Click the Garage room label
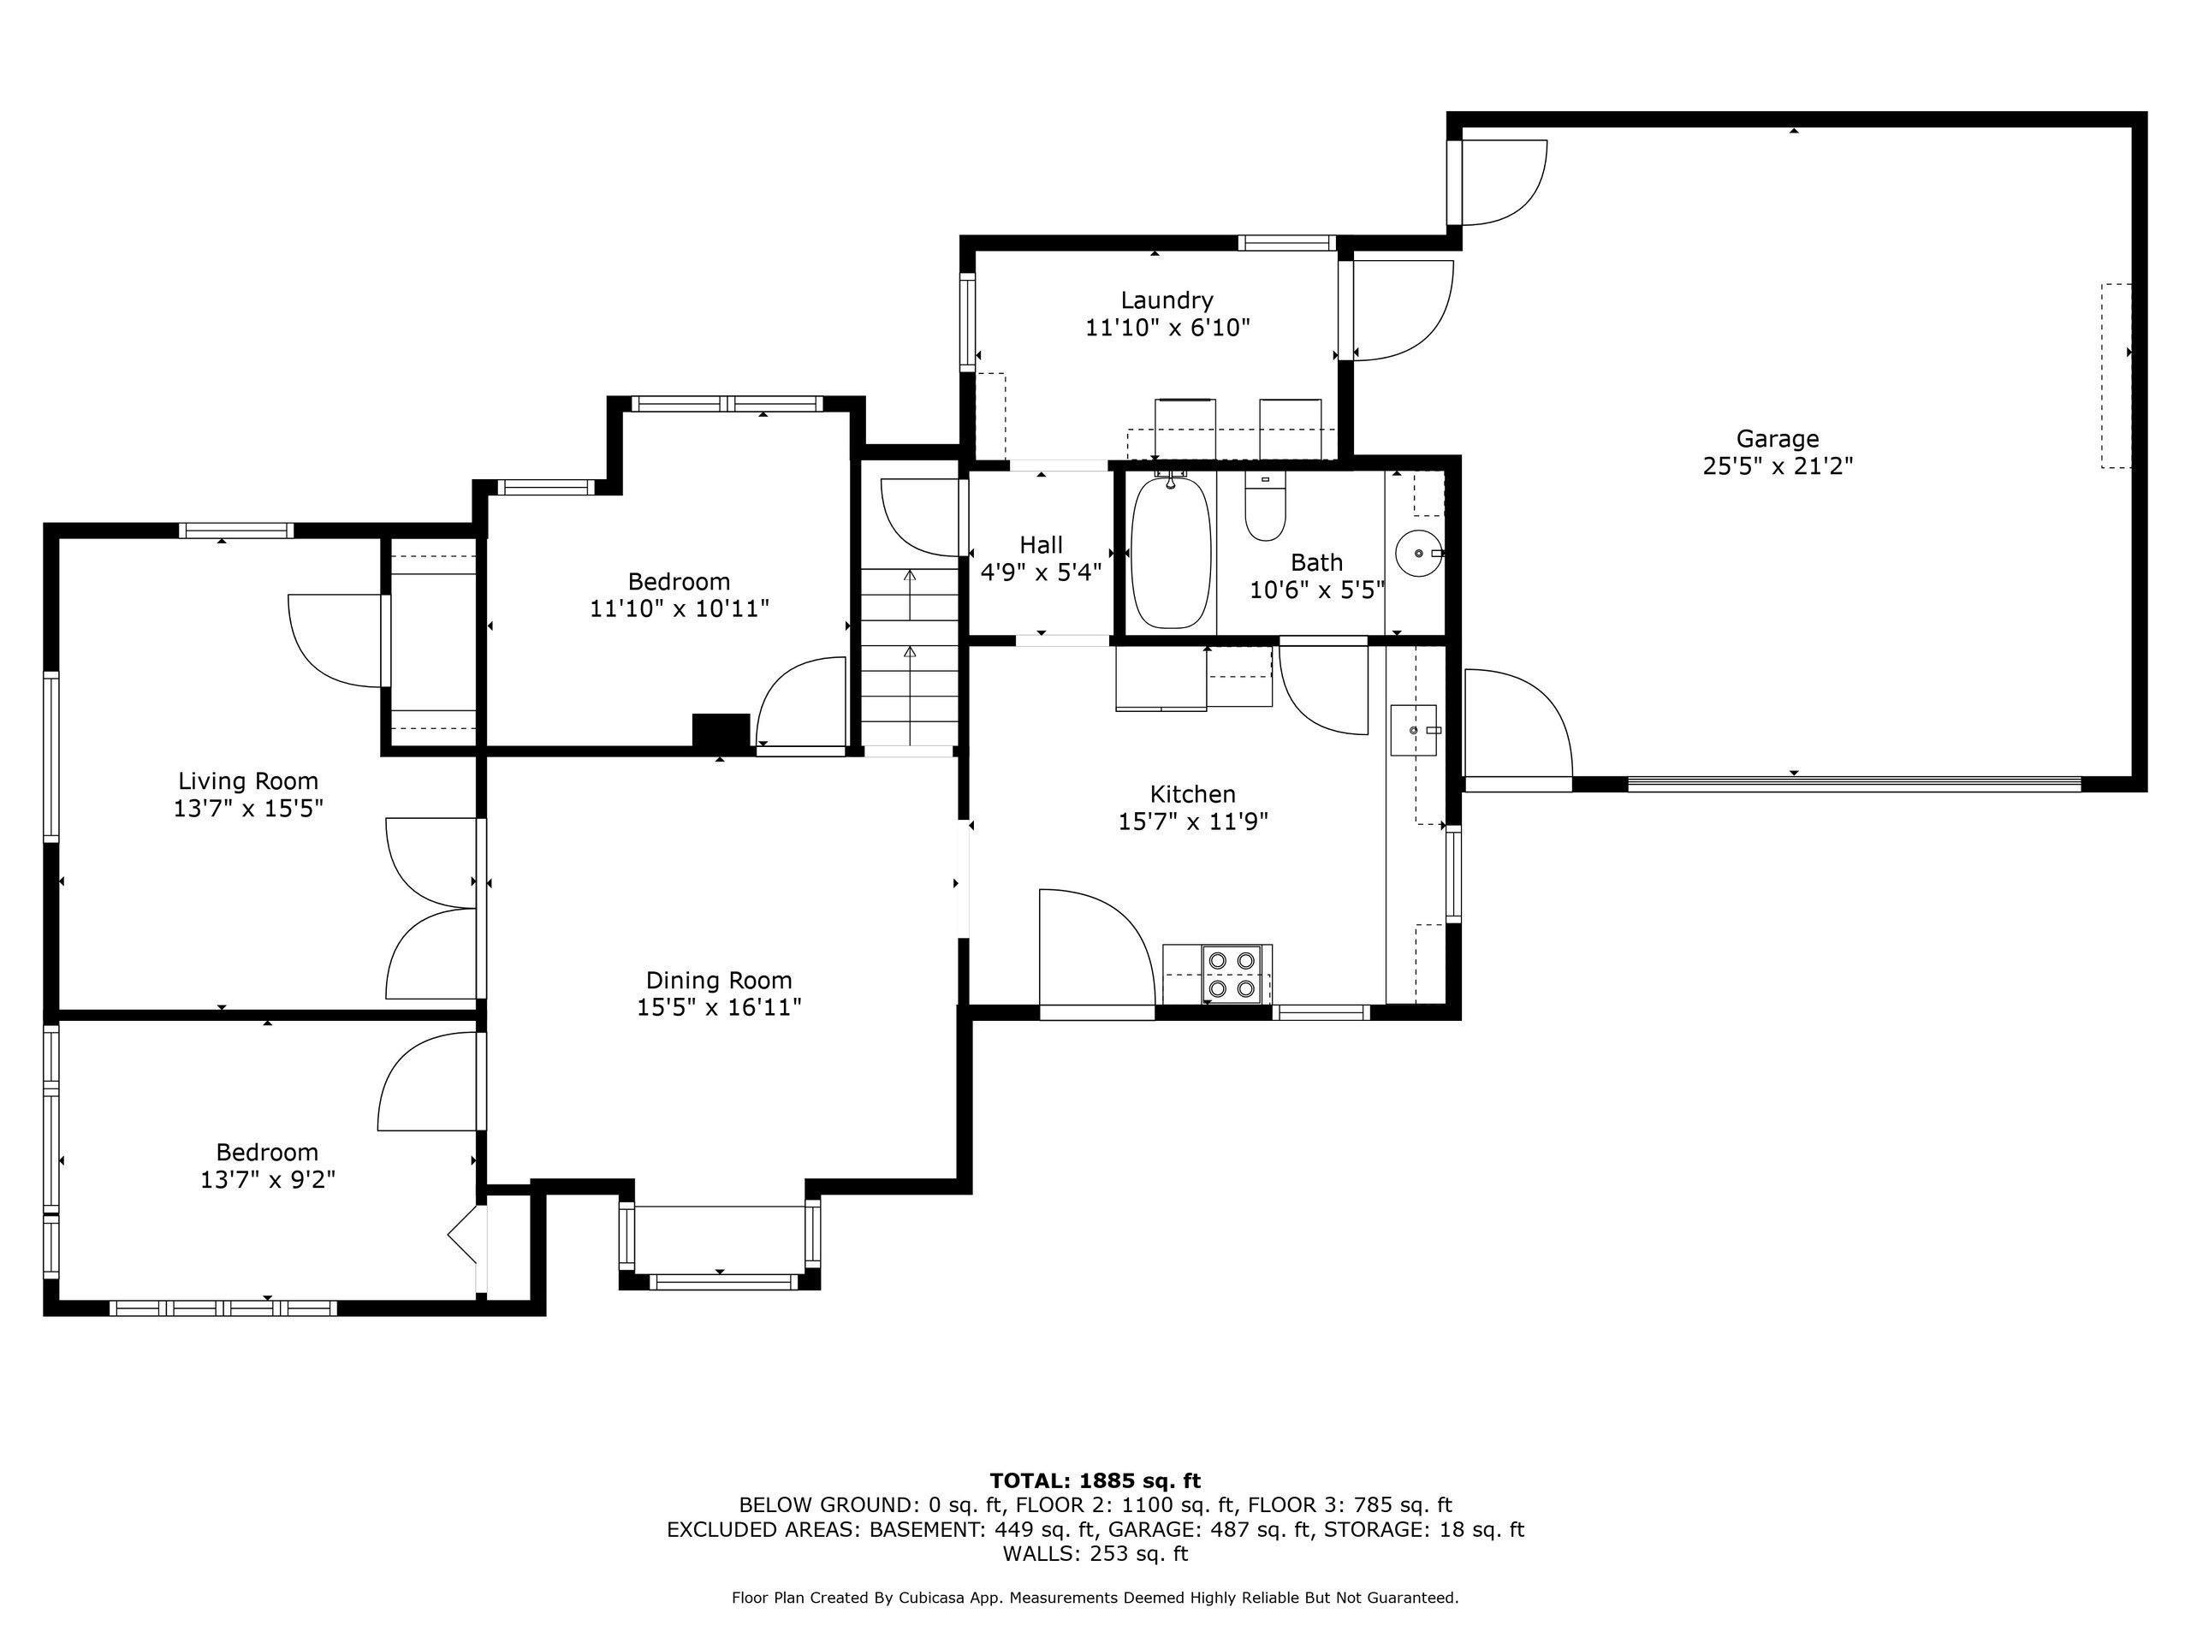[1777, 439]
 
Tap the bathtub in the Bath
[1171, 553]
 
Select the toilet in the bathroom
[1265, 508]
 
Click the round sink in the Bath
[1417, 553]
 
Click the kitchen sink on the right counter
[1414, 730]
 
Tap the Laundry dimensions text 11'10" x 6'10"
[1167, 328]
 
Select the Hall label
[1041, 545]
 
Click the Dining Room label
[719, 981]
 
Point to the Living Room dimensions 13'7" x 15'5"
[248, 808]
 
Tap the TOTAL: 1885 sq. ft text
[1095, 1480]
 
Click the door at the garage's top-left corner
[1500, 183]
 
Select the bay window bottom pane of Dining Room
[723, 1282]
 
